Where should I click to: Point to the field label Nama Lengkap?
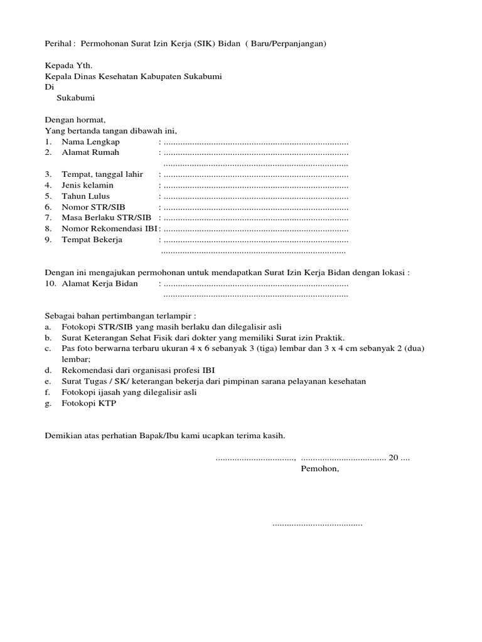(90, 142)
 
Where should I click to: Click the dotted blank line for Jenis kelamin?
(255, 186)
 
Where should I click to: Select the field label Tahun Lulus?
(85, 196)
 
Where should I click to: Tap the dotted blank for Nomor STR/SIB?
(255, 208)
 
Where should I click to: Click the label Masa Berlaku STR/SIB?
(107, 218)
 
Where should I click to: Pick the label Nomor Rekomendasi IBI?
(109, 229)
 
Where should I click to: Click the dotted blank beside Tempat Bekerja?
(255, 240)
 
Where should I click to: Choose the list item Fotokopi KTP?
(88, 404)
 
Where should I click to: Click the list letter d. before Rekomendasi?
(48, 370)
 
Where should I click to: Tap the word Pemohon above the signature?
(320, 468)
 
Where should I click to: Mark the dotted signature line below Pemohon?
(317, 523)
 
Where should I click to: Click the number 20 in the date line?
(394, 458)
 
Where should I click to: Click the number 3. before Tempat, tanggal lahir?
(48, 174)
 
